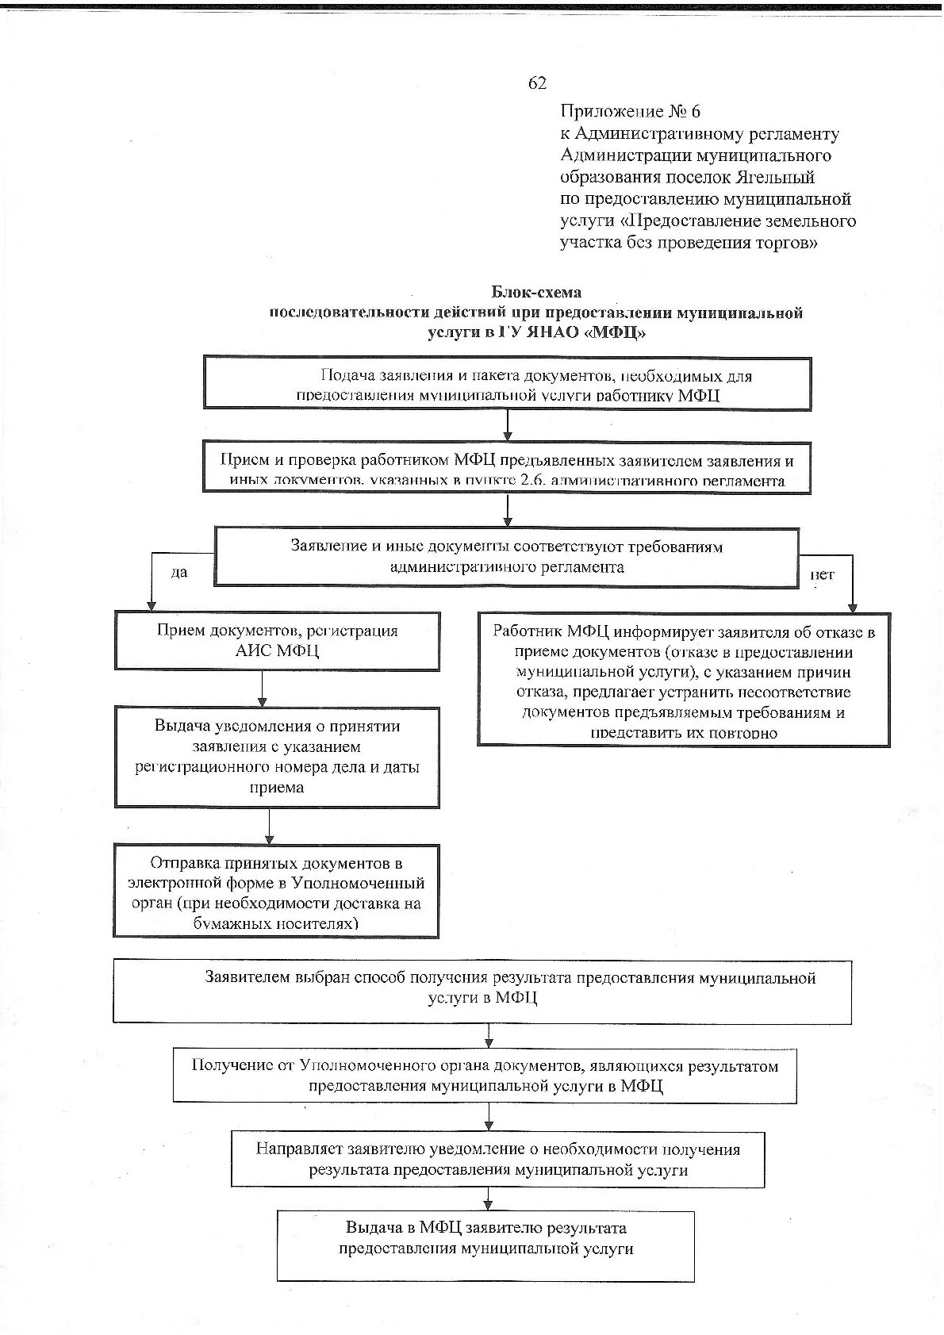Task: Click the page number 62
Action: point(537,83)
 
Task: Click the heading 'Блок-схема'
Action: point(536,292)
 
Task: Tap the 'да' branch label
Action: point(179,572)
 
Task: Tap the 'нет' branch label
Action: point(822,574)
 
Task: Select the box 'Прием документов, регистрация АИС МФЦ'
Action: point(277,641)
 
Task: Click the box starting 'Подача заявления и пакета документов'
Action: point(508,384)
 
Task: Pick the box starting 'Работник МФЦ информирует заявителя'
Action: point(683,680)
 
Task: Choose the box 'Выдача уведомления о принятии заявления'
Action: point(277,757)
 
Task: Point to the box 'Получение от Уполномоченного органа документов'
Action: point(485,1076)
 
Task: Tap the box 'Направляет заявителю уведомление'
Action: point(497,1160)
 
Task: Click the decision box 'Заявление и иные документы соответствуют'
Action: point(506,558)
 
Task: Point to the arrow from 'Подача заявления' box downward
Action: point(508,424)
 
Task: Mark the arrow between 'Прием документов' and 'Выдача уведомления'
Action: point(263,689)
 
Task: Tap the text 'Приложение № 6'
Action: point(630,111)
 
